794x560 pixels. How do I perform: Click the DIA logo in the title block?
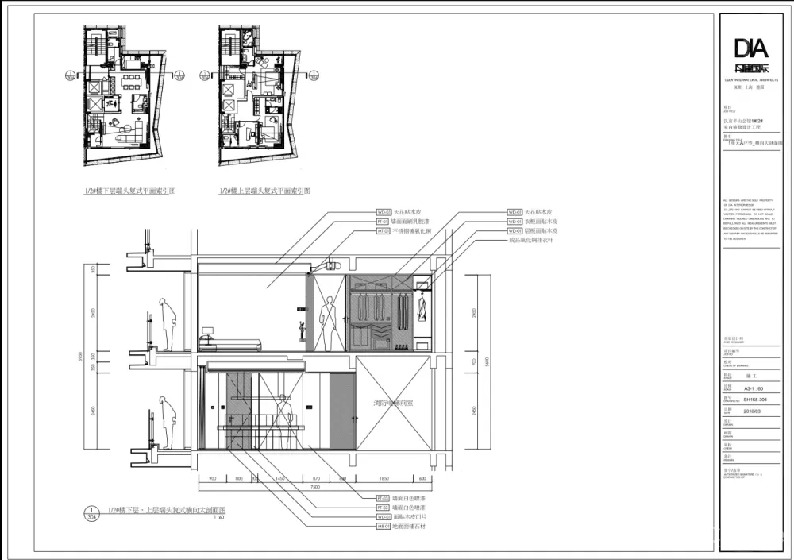point(750,52)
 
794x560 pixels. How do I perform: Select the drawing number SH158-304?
point(751,400)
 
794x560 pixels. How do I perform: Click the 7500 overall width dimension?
point(315,487)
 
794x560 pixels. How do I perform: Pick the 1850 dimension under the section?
point(384,479)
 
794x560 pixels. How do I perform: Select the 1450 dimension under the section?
point(279,479)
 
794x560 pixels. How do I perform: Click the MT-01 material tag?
point(383,230)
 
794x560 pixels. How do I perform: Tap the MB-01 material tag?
point(382,526)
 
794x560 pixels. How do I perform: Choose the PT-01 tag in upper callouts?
point(383,222)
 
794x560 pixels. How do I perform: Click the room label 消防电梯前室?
point(394,404)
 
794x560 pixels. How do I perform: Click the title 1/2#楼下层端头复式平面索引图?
point(130,191)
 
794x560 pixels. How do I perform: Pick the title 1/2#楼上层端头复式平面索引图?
point(264,191)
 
